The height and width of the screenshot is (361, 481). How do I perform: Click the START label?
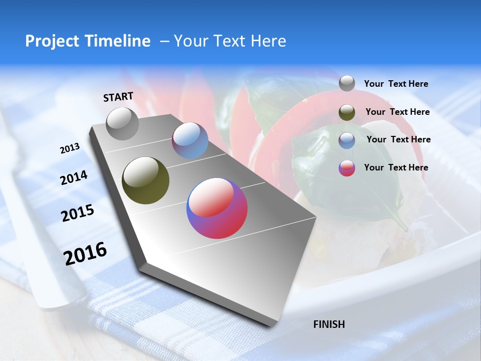tap(118, 97)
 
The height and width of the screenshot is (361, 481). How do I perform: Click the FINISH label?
tap(329, 324)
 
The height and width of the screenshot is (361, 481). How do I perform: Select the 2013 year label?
tap(70, 148)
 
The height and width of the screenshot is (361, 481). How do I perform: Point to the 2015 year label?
tap(77, 214)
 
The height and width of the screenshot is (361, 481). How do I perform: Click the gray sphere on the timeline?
tap(122, 123)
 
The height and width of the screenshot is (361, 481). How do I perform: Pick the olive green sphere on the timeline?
tap(145, 180)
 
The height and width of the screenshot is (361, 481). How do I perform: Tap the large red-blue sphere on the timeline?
tap(217, 208)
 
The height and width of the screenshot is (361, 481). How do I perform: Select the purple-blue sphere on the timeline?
tap(190, 140)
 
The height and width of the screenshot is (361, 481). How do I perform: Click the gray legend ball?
tap(347, 83)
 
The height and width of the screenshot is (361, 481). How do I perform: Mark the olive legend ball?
tap(347, 112)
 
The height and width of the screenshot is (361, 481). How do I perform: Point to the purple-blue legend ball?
tap(347, 140)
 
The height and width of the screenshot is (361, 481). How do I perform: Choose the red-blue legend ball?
tap(347, 168)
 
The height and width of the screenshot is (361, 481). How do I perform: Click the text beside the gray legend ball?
tap(396, 84)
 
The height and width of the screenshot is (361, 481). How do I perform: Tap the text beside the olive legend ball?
tap(397, 112)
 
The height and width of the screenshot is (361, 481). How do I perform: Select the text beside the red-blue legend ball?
tap(396, 167)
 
